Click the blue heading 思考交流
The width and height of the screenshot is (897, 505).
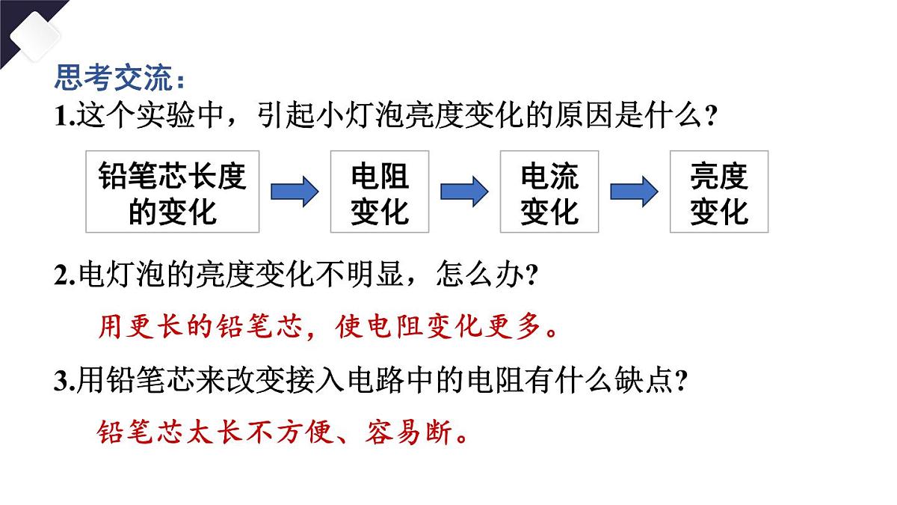(114, 77)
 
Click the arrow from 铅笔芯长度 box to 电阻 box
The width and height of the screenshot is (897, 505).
(295, 192)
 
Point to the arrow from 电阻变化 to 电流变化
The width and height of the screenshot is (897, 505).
(464, 192)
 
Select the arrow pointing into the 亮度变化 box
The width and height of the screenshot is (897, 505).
(635, 192)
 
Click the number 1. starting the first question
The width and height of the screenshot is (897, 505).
(65, 116)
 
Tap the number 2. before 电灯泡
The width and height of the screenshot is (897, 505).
(65, 276)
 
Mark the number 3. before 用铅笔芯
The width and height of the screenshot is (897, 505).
(65, 380)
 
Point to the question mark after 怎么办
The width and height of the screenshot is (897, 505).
(531, 275)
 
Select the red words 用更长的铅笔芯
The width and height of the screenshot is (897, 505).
(200, 327)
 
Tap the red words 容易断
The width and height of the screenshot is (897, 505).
(408, 432)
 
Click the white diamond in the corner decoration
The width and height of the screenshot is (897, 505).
(35, 37)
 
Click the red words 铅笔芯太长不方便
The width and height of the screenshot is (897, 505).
(216, 432)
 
